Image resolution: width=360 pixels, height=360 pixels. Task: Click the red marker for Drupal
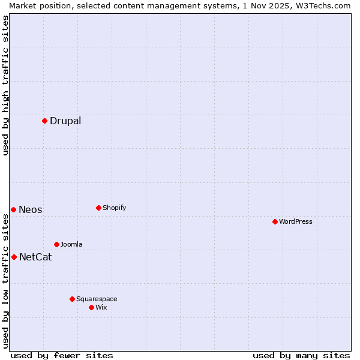(x=44, y=121)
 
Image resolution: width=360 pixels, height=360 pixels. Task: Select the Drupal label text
(x=65, y=121)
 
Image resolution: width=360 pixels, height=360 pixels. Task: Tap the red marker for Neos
(x=13, y=209)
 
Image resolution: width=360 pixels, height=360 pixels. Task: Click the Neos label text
(x=31, y=210)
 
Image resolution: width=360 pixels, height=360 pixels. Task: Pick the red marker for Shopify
(x=98, y=208)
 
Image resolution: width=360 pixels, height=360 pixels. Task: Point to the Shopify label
(x=115, y=208)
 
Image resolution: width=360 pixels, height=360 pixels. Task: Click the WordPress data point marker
(x=275, y=221)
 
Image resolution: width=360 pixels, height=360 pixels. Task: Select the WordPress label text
(x=296, y=222)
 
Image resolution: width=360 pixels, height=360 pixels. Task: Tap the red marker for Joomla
(x=56, y=244)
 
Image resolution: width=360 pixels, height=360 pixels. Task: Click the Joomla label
(x=71, y=245)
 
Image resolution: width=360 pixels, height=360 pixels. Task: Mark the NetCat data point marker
(x=14, y=257)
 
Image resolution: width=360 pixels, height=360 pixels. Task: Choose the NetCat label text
(x=35, y=257)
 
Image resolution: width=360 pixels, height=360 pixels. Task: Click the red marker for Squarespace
(x=72, y=299)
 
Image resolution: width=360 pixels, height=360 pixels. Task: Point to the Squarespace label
(x=97, y=299)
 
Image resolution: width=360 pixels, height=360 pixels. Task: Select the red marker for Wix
(x=91, y=307)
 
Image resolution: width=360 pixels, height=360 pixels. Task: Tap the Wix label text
(x=101, y=308)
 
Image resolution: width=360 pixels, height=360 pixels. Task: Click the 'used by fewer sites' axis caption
(x=62, y=356)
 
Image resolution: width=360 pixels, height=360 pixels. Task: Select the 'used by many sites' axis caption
(x=301, y=356)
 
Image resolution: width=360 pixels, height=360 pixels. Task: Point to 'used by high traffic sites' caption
(x=5, y=85)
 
